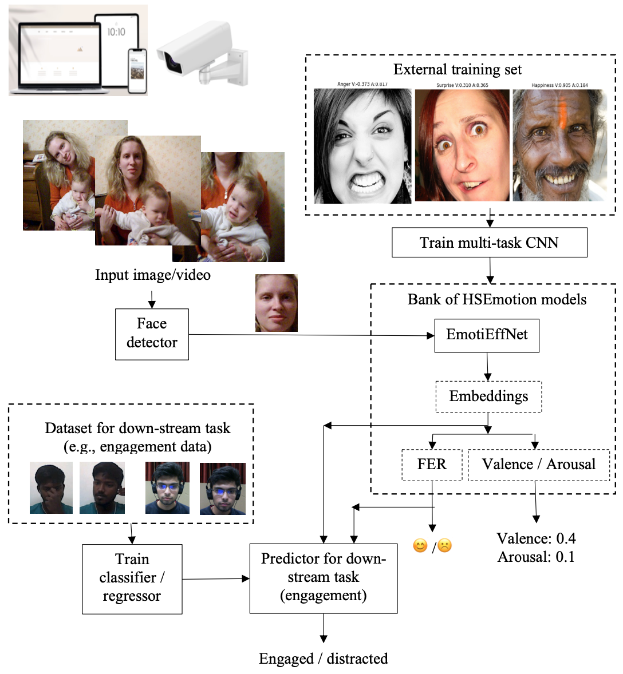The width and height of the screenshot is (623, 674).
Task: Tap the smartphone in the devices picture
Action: tap(137, 70)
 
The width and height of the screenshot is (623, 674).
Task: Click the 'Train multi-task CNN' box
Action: tap(489, 243)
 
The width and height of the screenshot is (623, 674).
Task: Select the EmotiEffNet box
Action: tap(487, 335)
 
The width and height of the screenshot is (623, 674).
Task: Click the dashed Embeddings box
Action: tap(488, 397)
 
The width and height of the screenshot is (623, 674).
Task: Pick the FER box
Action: tap(432, 465)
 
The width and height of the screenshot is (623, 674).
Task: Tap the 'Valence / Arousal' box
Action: tap(538, 465)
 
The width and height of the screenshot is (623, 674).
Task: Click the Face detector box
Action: tap(152, 334)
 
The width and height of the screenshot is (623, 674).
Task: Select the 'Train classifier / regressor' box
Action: tap(132, 578)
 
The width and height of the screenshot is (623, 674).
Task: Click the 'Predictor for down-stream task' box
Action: tap(324, 578)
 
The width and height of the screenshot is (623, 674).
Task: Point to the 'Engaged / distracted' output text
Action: tap(323, 659)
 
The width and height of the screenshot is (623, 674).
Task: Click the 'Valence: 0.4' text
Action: tap(536, 538)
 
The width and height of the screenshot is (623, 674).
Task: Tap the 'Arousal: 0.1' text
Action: tap(536, 557)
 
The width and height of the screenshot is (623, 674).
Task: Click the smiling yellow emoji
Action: tap(420, 546)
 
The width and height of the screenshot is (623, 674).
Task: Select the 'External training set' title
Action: tap(457, 70)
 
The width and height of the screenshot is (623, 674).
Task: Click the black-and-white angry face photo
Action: tap(362, 146)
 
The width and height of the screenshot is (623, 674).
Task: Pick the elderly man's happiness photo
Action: tap(559, 145)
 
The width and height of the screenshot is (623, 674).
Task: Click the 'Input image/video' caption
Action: tap(152, 275)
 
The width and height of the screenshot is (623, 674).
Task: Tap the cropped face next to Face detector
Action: tap(276, 303)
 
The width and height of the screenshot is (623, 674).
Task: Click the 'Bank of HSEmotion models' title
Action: tap(496, 300)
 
